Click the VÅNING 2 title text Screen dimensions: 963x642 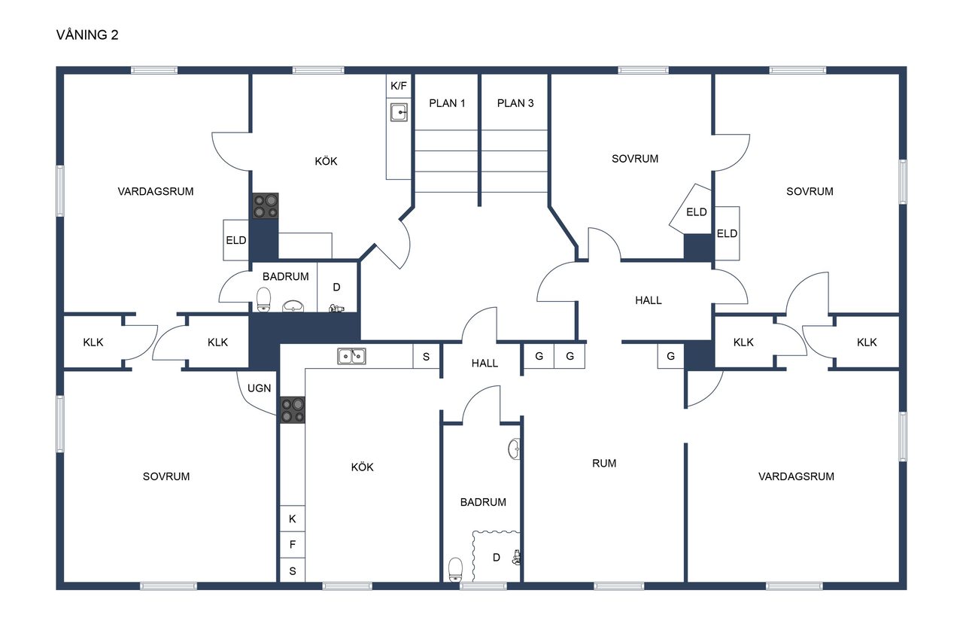[87, 35]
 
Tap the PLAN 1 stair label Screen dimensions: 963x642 [447, 103]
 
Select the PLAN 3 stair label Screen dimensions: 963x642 [515, 103]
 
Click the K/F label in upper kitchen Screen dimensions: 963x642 [399, 86]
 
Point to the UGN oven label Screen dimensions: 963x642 [260, 388]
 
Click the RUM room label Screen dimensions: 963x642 [604, 463]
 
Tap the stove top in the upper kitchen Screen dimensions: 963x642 [266, 205]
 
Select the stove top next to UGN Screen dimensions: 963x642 [293, 409]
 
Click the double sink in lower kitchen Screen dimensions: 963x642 [351, 356]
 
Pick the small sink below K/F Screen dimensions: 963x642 [399, 113]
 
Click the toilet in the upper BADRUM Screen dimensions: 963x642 [264, 299]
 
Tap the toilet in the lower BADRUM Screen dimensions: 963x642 [456, 569]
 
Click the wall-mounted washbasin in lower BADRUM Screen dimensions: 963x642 [514, 449]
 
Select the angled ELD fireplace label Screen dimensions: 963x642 [697, 212]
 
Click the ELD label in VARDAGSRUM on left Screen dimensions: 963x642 [236, 240]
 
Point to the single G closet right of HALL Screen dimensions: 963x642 [670, 356]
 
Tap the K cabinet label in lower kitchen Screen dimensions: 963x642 [293, 519]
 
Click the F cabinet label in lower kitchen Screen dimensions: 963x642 [293, 545]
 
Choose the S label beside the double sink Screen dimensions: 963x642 [426, 357]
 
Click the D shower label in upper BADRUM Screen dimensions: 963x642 [336, 287]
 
